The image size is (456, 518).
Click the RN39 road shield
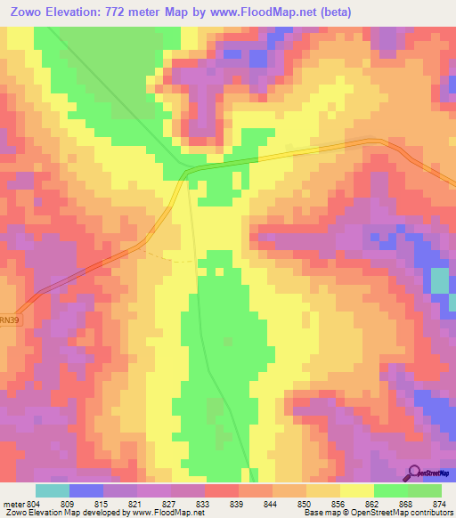(9, 318)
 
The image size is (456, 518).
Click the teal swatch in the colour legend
(53, 490)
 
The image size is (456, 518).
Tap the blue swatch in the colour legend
(86, 490)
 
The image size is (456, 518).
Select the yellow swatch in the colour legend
(357, 490)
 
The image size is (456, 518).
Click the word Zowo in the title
(26, 12)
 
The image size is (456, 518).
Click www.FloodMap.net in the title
(268, 12)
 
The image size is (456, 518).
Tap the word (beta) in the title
(333, 12)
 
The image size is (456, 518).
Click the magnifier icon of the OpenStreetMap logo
(413, 473)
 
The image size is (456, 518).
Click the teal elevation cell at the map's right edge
(440, 282)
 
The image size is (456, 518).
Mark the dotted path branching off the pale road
(169, 258)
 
